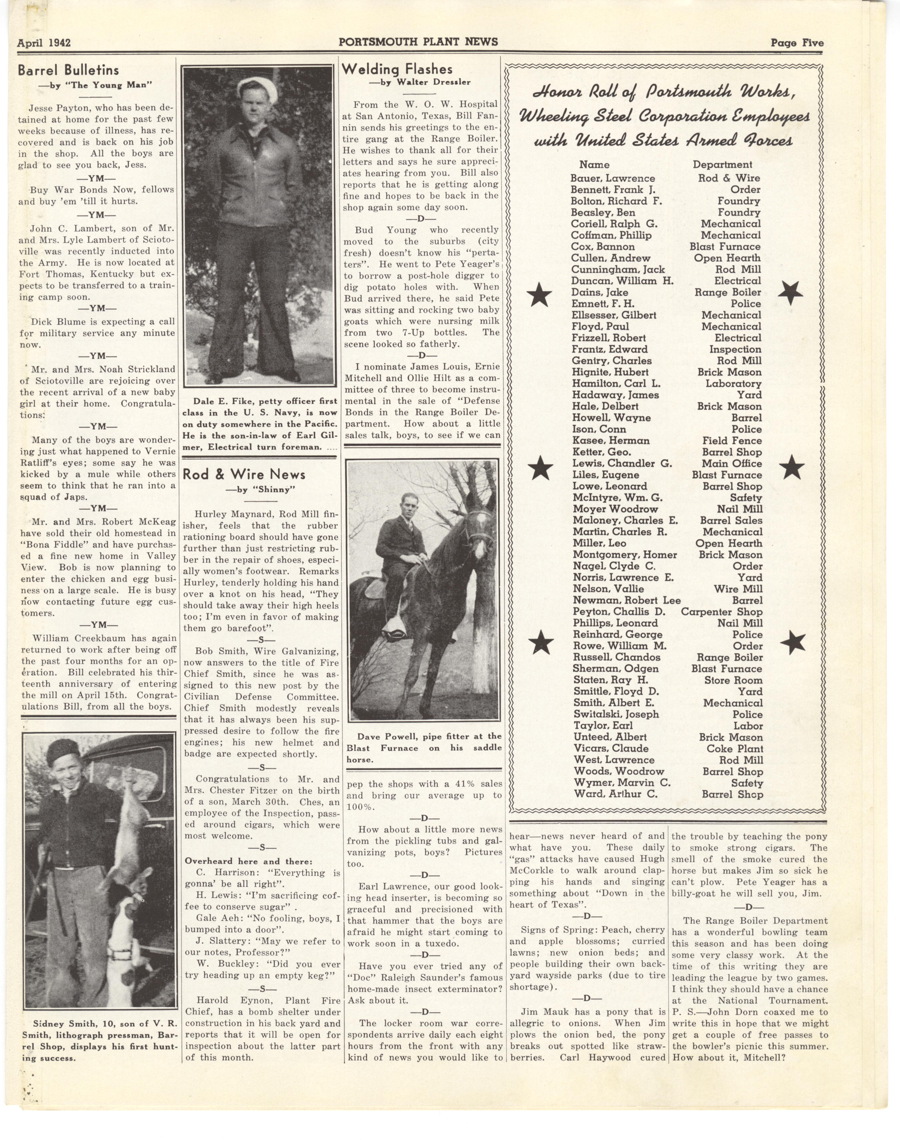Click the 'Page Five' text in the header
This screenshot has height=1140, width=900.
point(797,43)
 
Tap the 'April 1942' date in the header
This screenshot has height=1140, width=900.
point(44,43)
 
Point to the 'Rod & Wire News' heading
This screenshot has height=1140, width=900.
point(244,474)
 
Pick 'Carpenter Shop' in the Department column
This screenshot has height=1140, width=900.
point(721,612)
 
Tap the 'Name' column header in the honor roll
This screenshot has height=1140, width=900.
point(594,165)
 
